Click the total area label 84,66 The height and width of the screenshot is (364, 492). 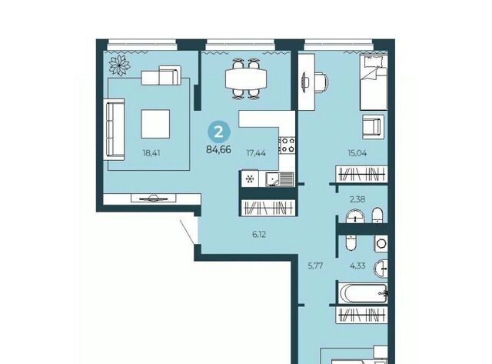point(218,150)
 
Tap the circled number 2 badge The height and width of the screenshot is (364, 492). point(218,132)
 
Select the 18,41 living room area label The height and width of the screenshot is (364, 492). point(151,153)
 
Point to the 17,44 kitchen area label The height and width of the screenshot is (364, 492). point(256,153)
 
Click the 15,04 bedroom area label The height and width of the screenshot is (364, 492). point(357,153)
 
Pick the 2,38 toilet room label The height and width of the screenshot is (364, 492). point(357,199)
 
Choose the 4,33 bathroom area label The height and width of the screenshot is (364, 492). point(357,265)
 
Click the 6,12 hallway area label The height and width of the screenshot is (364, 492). point(259,234)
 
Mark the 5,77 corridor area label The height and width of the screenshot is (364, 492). point(315,265)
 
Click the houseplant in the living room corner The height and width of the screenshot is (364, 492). point(119,65)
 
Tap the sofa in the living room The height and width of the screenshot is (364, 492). point(114,129)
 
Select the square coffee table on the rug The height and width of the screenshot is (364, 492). point(155,124)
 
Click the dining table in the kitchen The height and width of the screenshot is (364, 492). point(246,78)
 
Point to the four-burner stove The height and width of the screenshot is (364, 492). point(288,145)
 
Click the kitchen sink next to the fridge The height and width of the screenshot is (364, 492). point(279,179)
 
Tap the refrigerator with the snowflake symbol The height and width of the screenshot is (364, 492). point(250,179)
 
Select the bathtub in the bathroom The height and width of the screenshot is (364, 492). point(363,293)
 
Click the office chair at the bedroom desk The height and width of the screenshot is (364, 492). point(321,82)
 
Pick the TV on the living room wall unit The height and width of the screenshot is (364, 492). point(154,199)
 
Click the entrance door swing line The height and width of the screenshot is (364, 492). point(188,232)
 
